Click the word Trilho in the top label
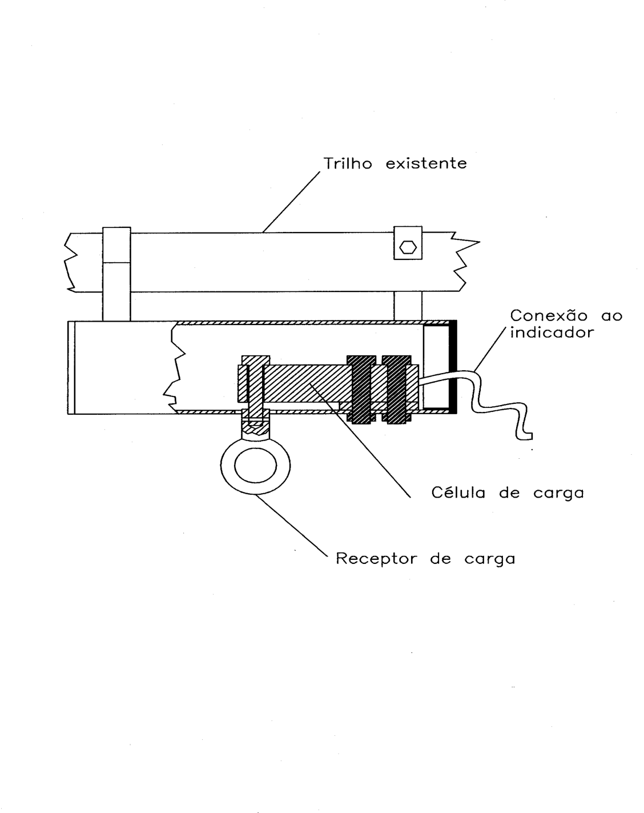[348, 163]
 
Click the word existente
[426, 163]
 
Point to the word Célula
[458, 492]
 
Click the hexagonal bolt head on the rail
[408, 247]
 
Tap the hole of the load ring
[256, 466]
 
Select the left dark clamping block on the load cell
[361, 389]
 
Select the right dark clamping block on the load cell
[396, 389]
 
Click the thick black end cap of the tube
[453, 367]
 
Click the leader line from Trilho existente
[291, 202]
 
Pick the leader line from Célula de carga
[360, 440]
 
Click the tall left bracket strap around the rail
[116, 274]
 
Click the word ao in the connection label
[611, 316]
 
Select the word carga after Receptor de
[490, 560]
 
